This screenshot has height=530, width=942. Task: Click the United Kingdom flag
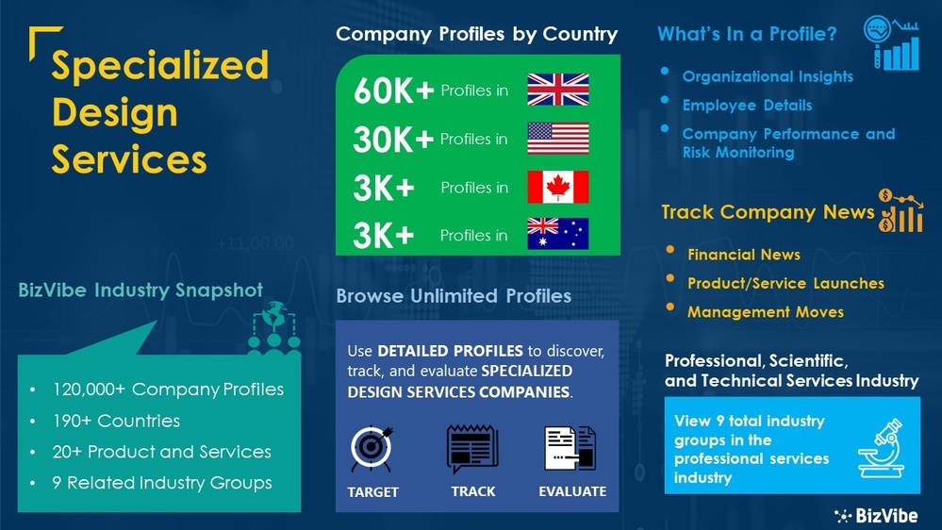557,90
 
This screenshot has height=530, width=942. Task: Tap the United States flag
557,139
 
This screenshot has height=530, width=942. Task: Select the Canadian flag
557,187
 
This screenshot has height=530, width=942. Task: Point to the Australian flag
557,234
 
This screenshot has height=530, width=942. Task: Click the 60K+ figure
393,91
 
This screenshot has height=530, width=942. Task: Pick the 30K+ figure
393,140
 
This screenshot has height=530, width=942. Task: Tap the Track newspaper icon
472,449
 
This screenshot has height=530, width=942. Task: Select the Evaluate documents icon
570,449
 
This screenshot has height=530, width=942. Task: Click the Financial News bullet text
744,255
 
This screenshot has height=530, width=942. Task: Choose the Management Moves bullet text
766,311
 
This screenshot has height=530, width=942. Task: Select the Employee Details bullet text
747,106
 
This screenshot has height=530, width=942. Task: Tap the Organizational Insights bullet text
768,76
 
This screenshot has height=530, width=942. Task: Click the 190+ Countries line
116,421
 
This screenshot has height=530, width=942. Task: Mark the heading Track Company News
768,212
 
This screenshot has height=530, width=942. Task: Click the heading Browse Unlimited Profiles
454,296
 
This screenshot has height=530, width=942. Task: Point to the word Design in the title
114,113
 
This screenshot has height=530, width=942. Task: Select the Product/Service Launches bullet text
785,283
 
